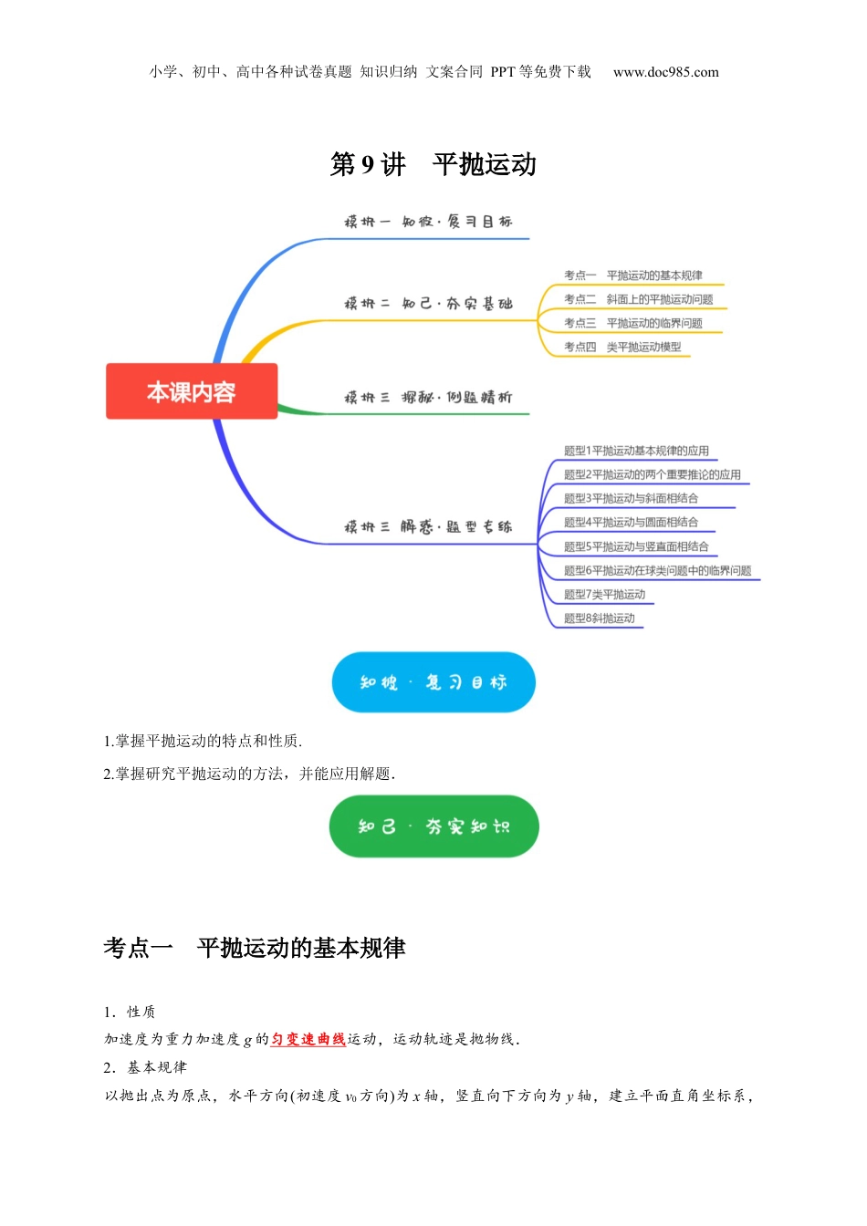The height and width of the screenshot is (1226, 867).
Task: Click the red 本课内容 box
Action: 192,391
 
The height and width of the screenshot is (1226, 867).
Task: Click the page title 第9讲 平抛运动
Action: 433,164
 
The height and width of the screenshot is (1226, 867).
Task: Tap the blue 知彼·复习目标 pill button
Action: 433,682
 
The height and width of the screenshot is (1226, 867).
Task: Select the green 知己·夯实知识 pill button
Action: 433,826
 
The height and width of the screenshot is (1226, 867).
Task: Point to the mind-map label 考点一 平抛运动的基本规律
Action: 632,275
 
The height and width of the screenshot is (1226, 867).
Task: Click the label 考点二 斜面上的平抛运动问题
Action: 638,299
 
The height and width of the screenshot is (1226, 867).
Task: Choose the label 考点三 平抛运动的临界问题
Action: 632,323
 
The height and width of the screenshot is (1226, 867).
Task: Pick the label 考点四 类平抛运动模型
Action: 622,347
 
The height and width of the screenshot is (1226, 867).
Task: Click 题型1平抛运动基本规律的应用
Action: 636,451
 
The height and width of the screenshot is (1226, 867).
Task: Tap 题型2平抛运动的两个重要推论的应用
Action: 652,474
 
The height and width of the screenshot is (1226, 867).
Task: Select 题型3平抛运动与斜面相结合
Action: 631,498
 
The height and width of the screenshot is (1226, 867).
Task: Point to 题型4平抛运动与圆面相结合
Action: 631,522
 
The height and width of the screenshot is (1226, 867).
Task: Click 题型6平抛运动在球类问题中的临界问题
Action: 657,570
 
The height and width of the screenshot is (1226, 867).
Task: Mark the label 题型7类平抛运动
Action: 604,594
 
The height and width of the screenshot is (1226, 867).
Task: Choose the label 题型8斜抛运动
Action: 599,618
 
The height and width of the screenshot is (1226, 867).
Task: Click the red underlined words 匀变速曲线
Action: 308,1039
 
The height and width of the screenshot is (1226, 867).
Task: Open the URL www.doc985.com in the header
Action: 665,72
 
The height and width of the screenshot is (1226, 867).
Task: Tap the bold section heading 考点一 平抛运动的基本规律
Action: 255,948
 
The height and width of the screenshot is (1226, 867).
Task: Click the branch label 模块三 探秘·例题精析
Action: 428,398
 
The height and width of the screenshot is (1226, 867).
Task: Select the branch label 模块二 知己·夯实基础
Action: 428,304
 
